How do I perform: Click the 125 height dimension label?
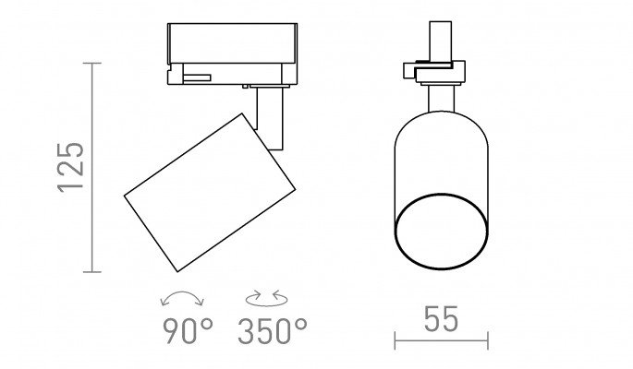pyautogui.click(x=71, y=167)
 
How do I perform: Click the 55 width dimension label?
pyautogui.click(x=441, y=319)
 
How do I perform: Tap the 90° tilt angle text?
pyautogui.click(x=188, y=331)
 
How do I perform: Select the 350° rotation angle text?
pyautogui.click(x=273, y=331)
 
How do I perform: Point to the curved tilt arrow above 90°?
pyautogui.click(x=182, y=292)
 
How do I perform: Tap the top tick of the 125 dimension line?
pyautogui.click(x=92, y=64)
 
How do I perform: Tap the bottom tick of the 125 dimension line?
pyautogui.click(x=92, y=272)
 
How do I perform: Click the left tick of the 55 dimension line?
pyautogui.click(x=395, y=340)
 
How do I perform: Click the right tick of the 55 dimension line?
pyautogui.click(x=488, y=340)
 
